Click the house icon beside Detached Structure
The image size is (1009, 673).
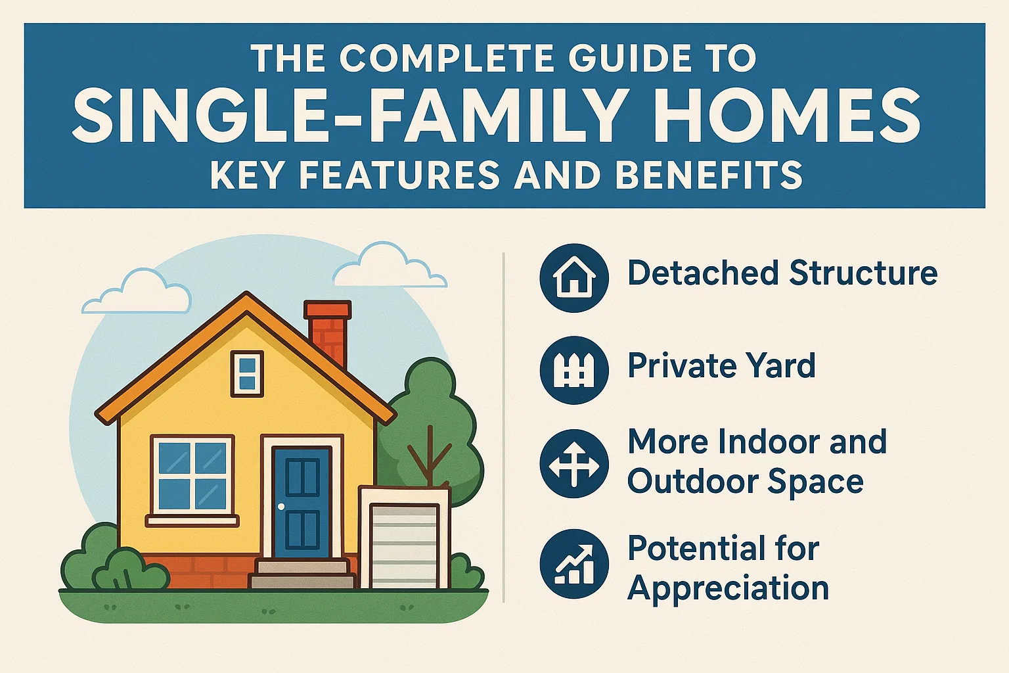tap(573, 277)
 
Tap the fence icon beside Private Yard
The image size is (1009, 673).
tap(573, 370)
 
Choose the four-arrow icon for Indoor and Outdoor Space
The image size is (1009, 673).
tap(573, 463)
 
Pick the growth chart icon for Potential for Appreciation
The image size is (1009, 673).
tap(573, 564)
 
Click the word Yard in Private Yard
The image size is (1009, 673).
tap(781, 366)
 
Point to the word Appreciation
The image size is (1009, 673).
tap(728, 588)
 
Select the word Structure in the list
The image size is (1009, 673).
tap(863, 273)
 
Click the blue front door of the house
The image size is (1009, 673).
tap(302, 502)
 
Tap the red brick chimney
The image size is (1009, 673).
tap(328, 332)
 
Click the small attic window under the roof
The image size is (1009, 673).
tap(247, 373)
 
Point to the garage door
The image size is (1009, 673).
tap(403, 545)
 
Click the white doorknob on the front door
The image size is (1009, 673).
tap(281, 507)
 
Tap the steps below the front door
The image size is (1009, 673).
tap(302, 574)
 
